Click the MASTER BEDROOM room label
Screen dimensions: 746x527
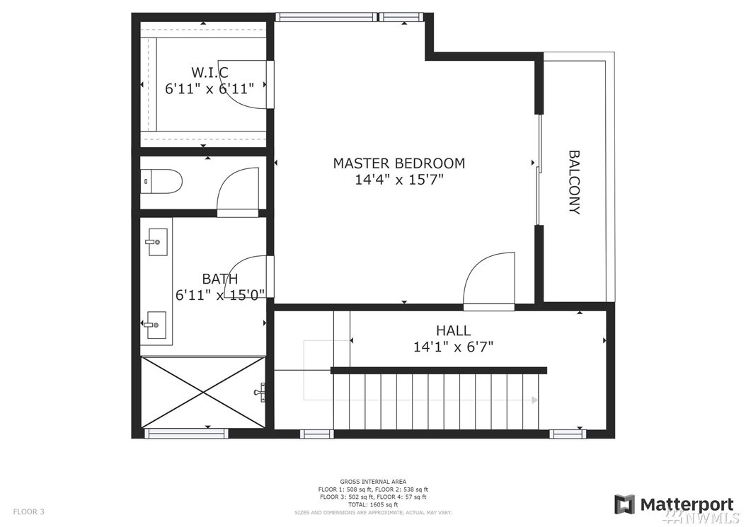(x=398, y=163)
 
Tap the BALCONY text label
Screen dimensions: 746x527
(x=575, y=183)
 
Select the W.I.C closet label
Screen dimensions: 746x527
(x=210, y=72)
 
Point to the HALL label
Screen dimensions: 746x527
(x=453, y=330)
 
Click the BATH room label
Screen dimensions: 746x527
(x=220, y=278)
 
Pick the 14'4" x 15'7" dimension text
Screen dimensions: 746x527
(x=399, y=179)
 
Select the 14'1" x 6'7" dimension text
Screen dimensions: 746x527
(x=453, y=347)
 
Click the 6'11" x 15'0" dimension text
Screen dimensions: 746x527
(x=220, y=295)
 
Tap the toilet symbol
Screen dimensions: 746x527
(x=163, y=181)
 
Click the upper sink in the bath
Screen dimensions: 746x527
(x=157, y=242)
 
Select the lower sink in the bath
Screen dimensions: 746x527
(x=156, y=325)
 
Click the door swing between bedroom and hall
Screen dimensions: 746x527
(x=489, y=281)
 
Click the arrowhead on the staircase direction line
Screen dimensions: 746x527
(x=535, y=400)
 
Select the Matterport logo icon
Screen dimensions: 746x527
(x=624, y=504)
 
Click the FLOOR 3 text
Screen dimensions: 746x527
(x=28, y=511)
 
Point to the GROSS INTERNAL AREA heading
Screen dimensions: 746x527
(x=373, y=482)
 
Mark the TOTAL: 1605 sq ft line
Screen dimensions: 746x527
(x=373, y=504)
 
